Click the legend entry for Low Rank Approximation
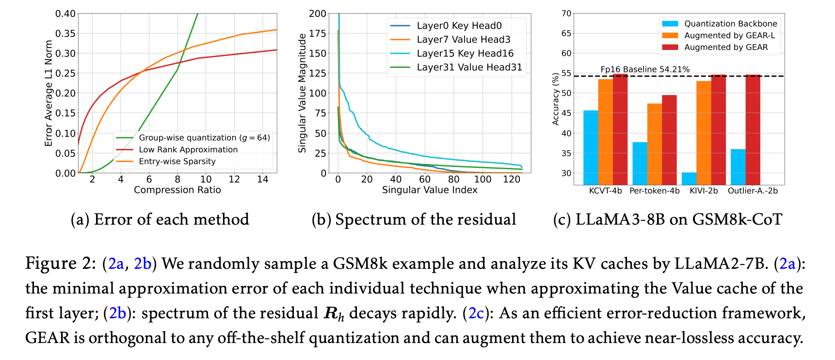click(x=188, y=149)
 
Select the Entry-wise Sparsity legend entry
click(x=177, y=161)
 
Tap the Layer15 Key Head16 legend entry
click(x=465, y=53)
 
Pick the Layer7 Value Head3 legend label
click(x=463, y=39)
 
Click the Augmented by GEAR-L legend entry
click(x=729, y=35)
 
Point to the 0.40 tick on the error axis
click(x=65, y=14)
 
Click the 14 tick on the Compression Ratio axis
click(x=263, y=180)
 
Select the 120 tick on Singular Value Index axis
click(x=512, y=180)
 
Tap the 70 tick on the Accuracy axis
click(x=566, y=14)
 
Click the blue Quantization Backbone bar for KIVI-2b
click(x=689, y=179)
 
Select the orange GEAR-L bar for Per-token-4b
click(x=655, y=144)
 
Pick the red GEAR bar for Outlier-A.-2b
click(x=753, y=130)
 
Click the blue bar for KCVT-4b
click(x=591, y=147)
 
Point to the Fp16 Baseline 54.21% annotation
click(x=645, y=69)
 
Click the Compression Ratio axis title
click(x=177, y=190)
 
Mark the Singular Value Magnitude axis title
click(x=303, y=93)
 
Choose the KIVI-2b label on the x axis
click(x=704, y=191)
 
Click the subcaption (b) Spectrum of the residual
click(x=414, y=219)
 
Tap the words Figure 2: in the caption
click(x=61, y=263)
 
